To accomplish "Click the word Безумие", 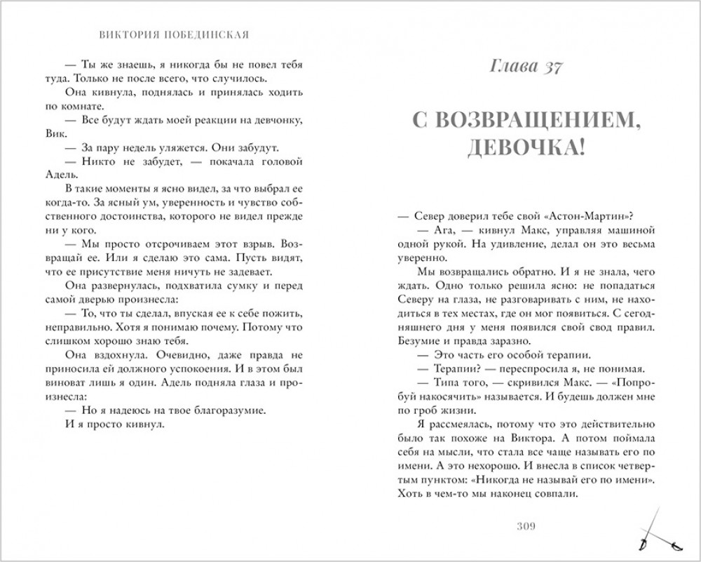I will [420, 339].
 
